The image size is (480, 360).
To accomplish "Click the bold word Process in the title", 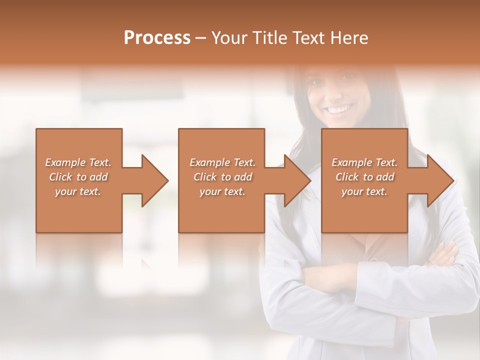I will coord(157,38).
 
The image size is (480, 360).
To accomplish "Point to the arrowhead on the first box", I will coord(152,180).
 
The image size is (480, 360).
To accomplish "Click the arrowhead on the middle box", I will coord(295,180).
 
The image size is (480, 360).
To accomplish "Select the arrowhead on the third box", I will coord(438,180).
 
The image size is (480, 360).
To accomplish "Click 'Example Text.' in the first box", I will coord(78,162).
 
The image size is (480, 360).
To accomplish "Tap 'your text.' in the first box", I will coord(78,191).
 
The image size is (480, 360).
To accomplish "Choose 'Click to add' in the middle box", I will coord(222,177).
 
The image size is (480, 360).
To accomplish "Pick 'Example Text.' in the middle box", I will coord(222,162).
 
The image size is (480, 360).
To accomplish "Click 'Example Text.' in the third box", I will coord(364,162).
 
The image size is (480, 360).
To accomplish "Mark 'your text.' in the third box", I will coord(364,191).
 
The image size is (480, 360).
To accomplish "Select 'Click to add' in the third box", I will coord(364,177).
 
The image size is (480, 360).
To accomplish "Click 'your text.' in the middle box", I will coord(222,191).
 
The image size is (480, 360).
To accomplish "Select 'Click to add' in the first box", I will coord(78,177).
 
